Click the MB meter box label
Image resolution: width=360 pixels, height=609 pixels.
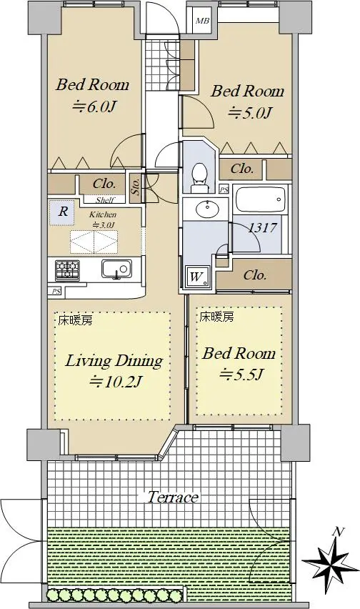[x=201, y=21]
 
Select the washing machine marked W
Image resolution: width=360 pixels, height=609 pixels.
[x=196, y=277]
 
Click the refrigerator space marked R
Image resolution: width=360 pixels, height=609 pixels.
[x=62, y=212]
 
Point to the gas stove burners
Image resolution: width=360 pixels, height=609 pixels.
[x=67, y=270]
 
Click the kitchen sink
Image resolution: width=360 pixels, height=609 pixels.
[x=116, y=269]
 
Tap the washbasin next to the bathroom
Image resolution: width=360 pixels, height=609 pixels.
[x=208, y=211]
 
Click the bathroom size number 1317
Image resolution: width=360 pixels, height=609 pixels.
[x=262, y=227]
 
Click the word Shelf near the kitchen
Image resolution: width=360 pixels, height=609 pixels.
[x=105, y=200]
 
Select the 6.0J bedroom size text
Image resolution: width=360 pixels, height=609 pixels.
[x=95, y=106]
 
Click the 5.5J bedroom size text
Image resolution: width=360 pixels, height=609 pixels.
[x=241, y=374]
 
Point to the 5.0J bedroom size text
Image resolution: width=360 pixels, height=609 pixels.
[x=249, y=113]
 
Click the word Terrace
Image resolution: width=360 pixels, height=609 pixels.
[x=173, y=497]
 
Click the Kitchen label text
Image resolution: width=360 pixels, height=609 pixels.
[x=103, y=214]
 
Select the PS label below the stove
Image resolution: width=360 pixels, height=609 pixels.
[x=56, y=291]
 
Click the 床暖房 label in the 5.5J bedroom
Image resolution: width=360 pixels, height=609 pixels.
[x=216, y=317]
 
